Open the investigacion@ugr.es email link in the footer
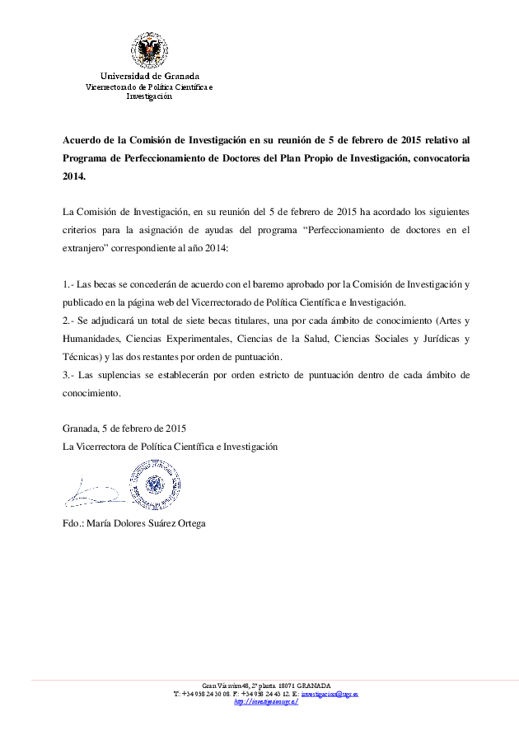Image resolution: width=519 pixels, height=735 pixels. point(329,694)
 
